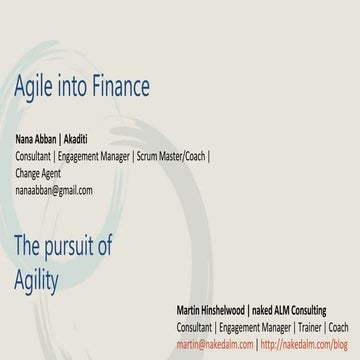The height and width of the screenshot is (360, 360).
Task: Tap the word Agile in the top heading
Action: [x=35, y=88]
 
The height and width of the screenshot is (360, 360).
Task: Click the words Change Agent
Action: [x=38, y=173]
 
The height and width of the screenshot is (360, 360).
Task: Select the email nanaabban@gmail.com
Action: [x=53, y=190]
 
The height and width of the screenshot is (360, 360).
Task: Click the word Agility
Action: [x=36, y=279]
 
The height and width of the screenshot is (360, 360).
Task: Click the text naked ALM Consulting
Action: [x=301, y=309]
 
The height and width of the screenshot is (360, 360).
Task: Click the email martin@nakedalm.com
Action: [x=215, y=343]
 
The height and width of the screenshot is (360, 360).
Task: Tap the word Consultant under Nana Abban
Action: [x=34, y=156]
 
